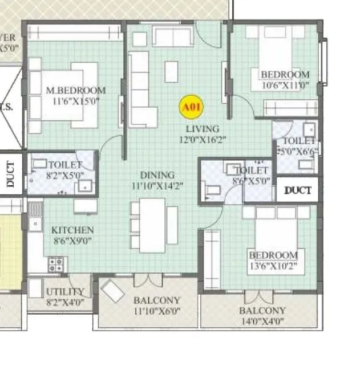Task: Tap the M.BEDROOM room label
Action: point(76,91)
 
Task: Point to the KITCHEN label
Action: point(72,230)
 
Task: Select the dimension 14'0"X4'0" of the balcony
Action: point(262,321)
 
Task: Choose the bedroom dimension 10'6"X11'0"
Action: point(285,85)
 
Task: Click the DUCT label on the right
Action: point(298,190)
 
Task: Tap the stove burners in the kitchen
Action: point(57,264)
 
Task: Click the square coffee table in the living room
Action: point(171,72)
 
